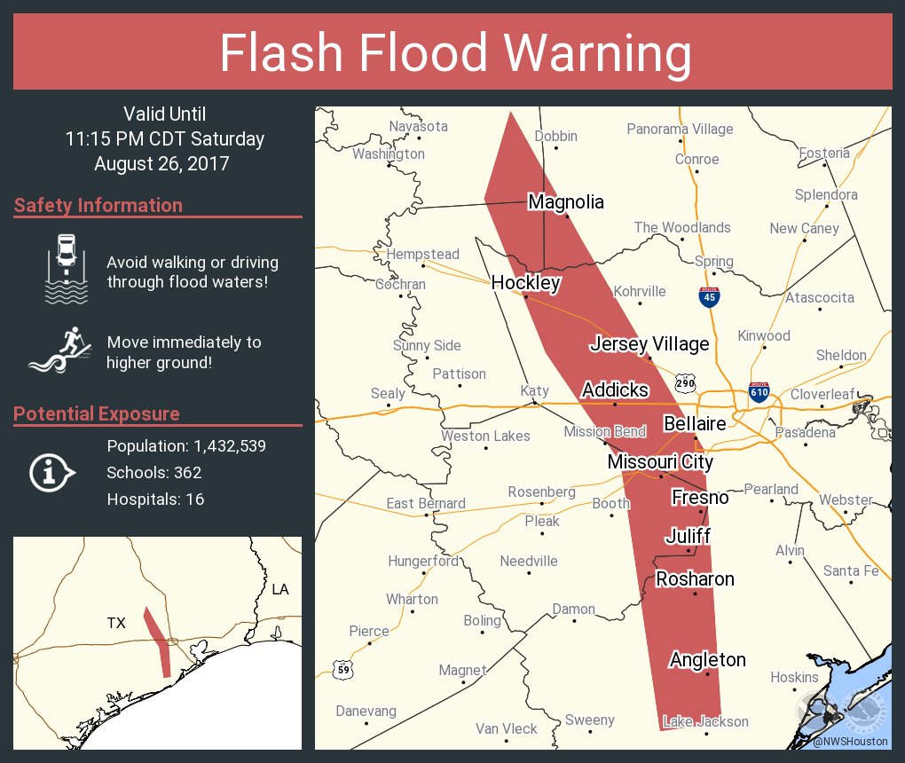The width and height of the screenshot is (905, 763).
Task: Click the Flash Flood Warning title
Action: click(455, 53)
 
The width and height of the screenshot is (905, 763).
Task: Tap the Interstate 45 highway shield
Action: click(709, 296)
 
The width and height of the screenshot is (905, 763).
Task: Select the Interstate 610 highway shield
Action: click(759, 391)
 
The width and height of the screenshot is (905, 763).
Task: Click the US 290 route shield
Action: click(684, 383)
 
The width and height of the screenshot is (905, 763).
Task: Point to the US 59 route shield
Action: click(342, 669)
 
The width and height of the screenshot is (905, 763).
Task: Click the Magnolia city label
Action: click(565, 202)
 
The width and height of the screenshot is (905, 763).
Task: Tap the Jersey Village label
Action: click(649, 344)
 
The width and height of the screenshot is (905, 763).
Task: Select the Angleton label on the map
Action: click(707, 659)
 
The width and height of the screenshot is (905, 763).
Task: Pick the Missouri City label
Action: click(660, 462)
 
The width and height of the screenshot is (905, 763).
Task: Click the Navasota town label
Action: click(418, 126)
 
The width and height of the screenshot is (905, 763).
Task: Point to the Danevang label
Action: click(366, 711)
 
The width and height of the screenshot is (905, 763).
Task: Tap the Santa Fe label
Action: click(851, 570)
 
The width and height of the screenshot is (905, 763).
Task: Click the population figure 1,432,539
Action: click(225, 445)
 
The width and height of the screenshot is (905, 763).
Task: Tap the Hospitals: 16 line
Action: click(155, 499)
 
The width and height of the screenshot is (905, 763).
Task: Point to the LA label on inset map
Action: click(280, 589)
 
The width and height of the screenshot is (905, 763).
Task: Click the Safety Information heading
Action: click(98, 205)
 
